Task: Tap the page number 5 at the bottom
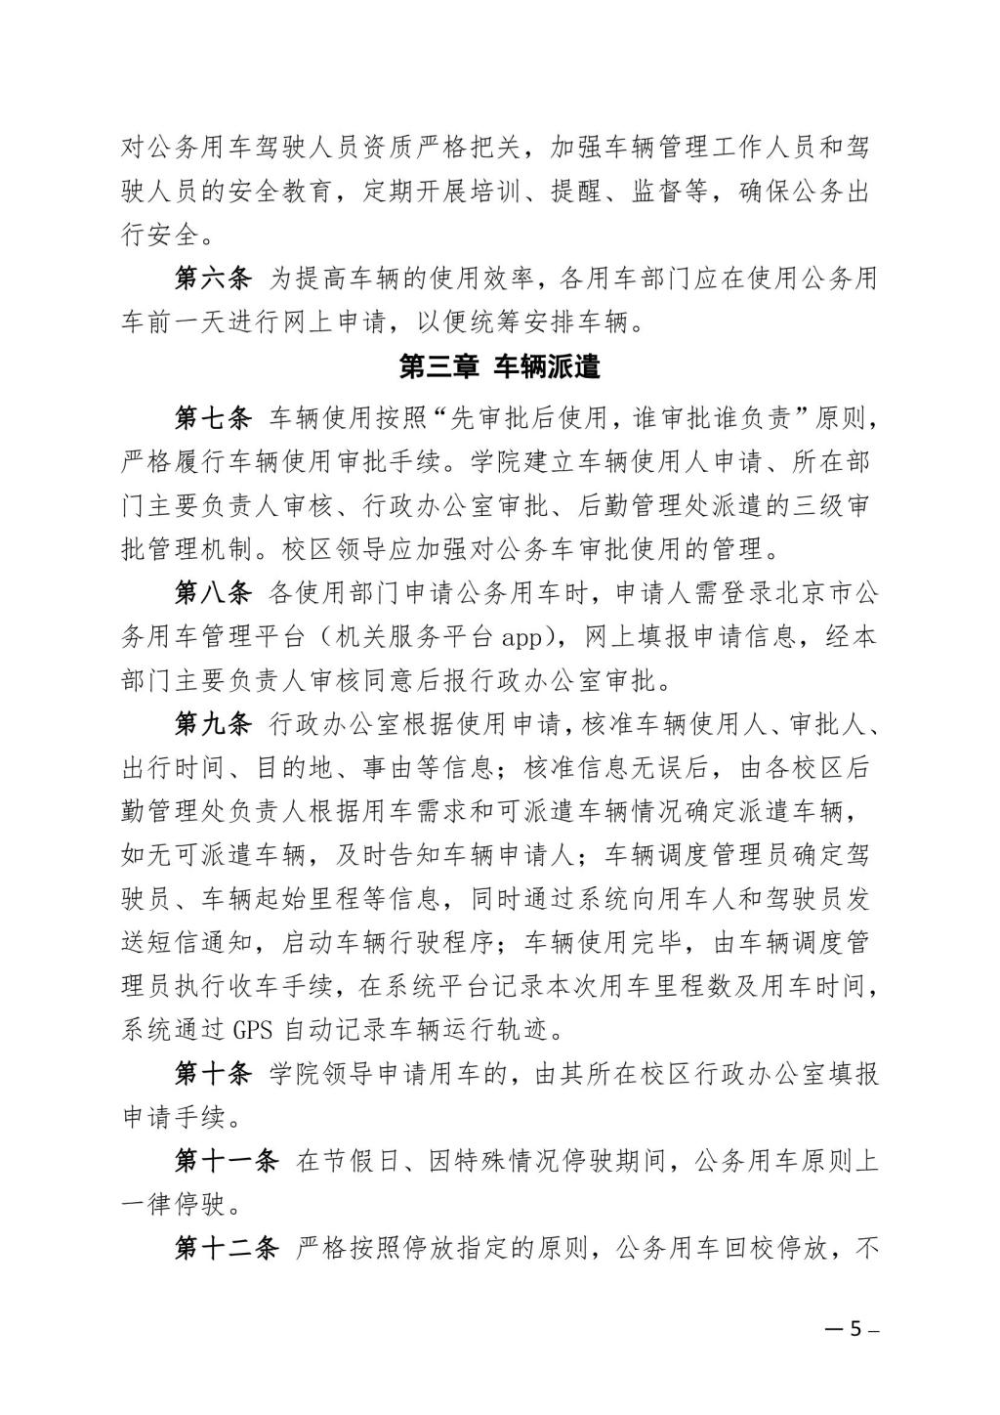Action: coord(854,1329)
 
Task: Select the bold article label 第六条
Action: coord(213,279)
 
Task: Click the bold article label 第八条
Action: coord(213,593)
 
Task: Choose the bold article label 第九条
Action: coord(213,724)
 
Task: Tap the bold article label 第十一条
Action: coord(226,1161)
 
